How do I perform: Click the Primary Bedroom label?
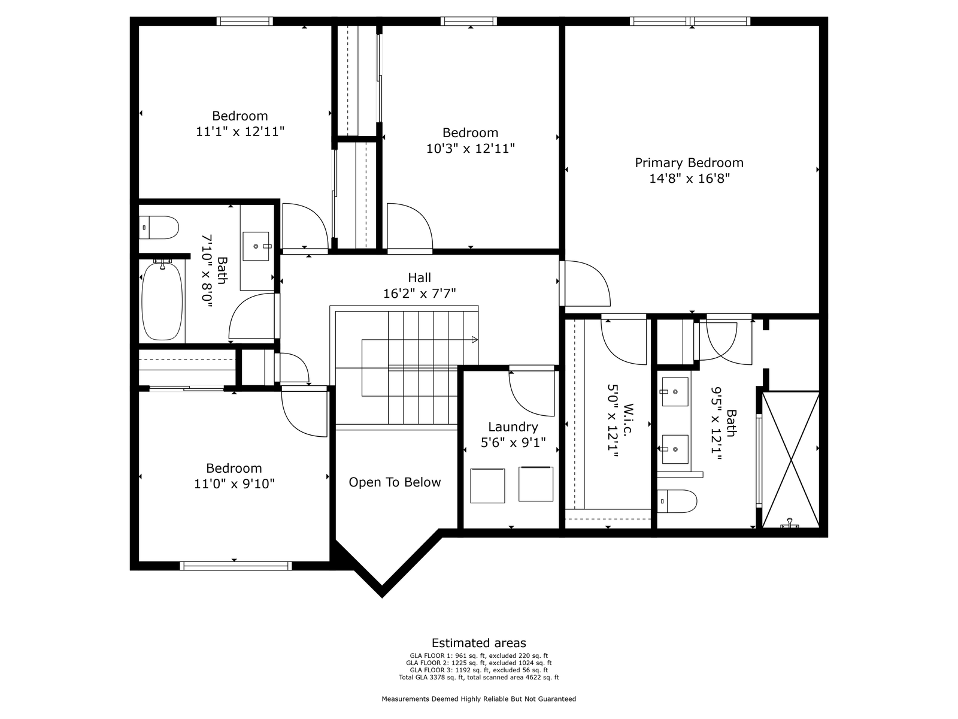(689, 163)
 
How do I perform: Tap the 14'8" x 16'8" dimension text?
(689, 179)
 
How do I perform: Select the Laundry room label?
(513, 427)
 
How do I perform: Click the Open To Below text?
(395, 482)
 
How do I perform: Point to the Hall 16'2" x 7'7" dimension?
(420, 294)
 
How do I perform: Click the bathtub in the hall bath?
(162, 301)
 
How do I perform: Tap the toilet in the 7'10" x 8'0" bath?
(159, 228)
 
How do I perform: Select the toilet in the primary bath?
(677, 501)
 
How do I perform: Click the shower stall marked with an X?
(790, 460)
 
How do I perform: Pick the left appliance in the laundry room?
(487, 486)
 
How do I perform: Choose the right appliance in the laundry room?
(536, 484)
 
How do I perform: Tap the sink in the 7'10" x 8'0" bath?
(256, 246)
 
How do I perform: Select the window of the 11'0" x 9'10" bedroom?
(236, 566)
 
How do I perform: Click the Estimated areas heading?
(479, 643)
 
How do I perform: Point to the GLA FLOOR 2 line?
(479, 663)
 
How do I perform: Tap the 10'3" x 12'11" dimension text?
(471, 149)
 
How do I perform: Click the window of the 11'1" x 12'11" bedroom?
(245, 21)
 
